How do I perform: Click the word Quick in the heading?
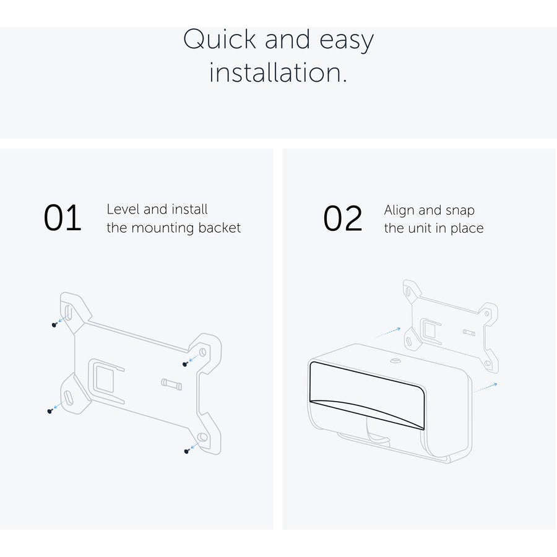coord(220,39)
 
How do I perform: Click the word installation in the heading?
coord(278,72)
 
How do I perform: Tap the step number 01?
coord(63,218)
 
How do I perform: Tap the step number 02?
coord(342,218)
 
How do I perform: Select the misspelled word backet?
coord(219,228)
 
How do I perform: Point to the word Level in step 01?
coord(123,209)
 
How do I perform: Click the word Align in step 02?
coord(399,210)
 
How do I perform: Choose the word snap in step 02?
coord(460,211)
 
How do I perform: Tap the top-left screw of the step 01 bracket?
coord(54,325)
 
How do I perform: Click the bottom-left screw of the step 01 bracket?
coord(50,411)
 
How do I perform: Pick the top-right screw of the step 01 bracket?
coord(185,364)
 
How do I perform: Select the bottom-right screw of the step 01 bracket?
coord(187,451)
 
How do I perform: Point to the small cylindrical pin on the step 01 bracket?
coord(171,384)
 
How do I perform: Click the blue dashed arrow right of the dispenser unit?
coord(486,387)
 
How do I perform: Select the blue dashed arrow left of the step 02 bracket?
coord(389,332)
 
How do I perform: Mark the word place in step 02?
coord(467,228)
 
